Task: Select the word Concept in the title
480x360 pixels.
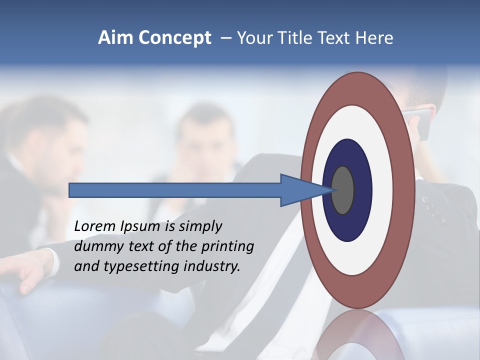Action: [x=174, y=38]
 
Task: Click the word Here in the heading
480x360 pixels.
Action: [x=374, y=38]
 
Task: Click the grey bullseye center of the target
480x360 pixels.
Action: [x=343, y=190]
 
